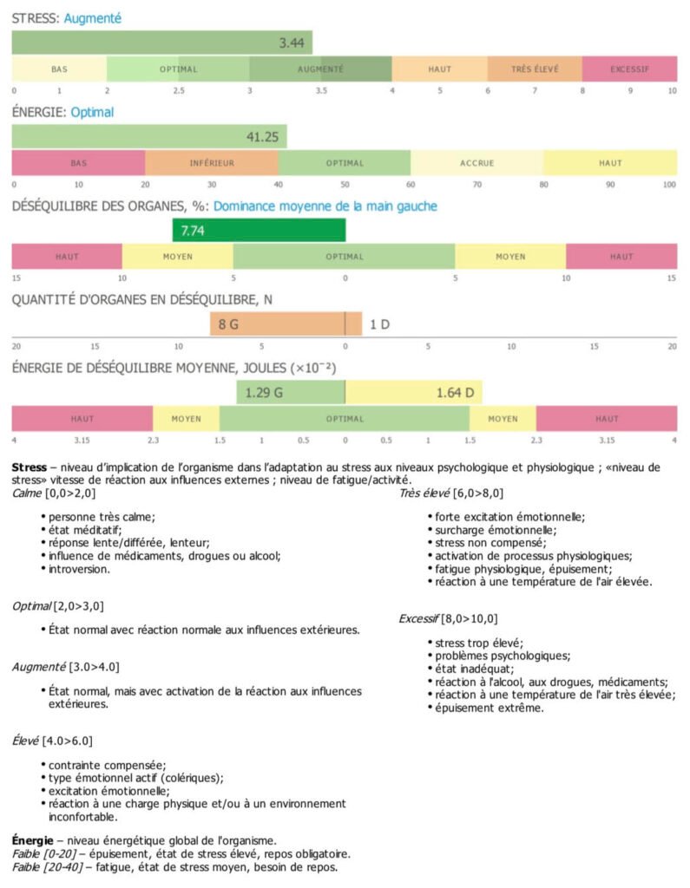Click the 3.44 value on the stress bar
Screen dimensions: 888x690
[x=292, y=42]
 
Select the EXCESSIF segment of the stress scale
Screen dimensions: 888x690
[x=629, y=69]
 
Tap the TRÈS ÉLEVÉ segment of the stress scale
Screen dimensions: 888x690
[x=535, y=69]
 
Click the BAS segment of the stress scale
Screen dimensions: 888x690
[x=59, y=69]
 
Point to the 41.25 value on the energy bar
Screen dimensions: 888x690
[x=261, y=136]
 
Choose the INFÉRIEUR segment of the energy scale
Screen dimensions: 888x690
[x=212, y=162]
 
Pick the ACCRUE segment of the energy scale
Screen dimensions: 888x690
[x=476, y=162]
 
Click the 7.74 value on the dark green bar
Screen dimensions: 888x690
[x=190, y=231]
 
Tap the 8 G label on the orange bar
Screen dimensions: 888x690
[x=228, y=324]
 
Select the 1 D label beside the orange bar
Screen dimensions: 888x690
[x=379, y=324]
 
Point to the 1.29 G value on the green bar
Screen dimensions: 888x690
[x=264, y=392]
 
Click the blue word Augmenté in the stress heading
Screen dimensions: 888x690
[x=93, y=17]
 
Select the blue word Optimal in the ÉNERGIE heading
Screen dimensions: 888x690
[x=92, y=112]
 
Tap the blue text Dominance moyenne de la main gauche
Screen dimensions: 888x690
[x=325, y=206]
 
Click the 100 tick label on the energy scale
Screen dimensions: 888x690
[x=669, y=184]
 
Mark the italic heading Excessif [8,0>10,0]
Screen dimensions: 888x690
[x=448, y=619]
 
